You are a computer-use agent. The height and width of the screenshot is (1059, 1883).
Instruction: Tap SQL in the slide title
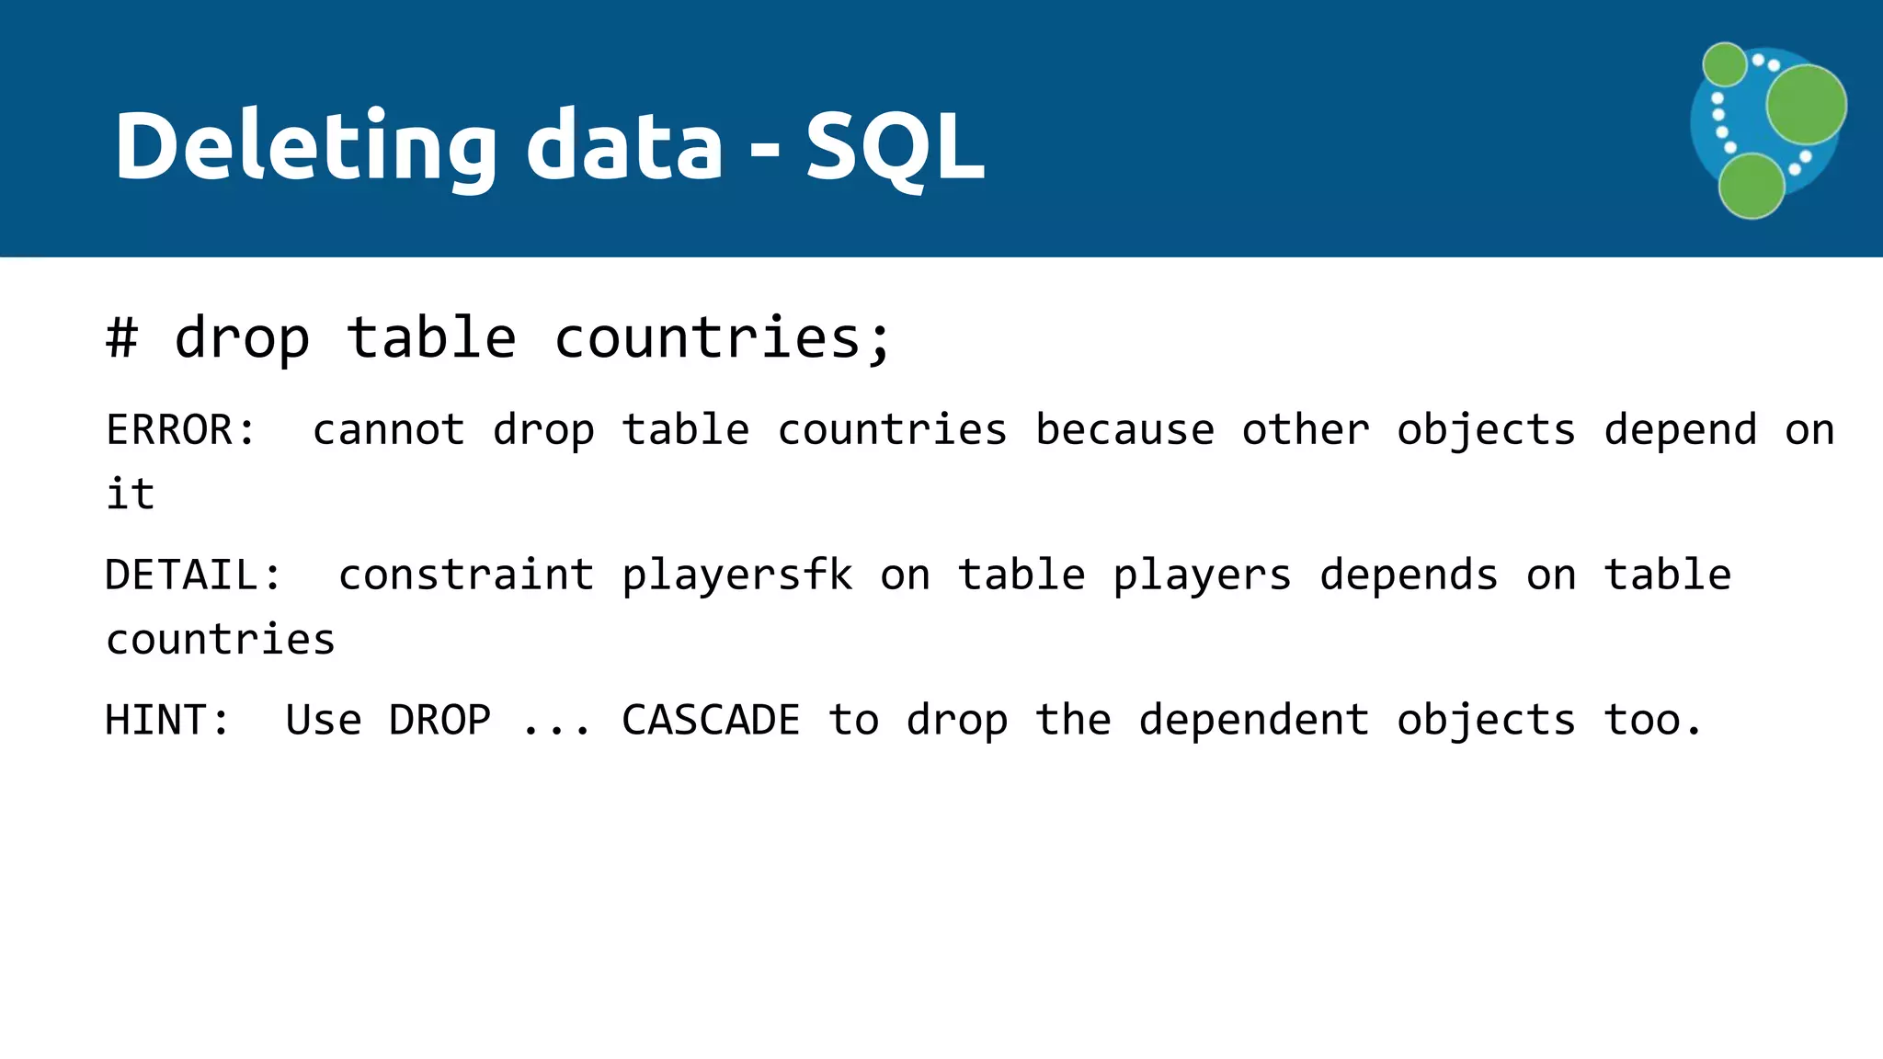pyautogui.click(x=895, y=147)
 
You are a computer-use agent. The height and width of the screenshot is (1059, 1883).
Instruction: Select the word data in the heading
pyautogui.click(x=624, y=147)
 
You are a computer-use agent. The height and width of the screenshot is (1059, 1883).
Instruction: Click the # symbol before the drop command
pyautogui.click(x=122, y=338)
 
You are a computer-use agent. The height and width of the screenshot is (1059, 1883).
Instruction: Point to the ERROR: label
pyautogui.click(x=181, y=430)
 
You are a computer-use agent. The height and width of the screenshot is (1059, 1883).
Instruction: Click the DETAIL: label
pyautogui.click(x=194, y=575)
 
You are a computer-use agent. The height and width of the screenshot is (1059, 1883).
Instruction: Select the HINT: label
pyautogui.click(x=167, y=720)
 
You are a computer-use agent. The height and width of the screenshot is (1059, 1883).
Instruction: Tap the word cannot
pyautogui.click(x=388, y=430)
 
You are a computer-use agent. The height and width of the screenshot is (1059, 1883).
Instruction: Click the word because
pyautogui.click(x=1124, y=430)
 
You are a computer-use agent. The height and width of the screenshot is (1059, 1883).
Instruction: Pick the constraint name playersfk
pyautogui.click(x=737, y=575)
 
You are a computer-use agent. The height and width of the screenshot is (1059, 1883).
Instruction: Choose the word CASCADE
pyautogui.click(x=711, y=720)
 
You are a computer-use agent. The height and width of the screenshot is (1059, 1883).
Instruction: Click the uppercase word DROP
pyautogui.click(x=439, y=720)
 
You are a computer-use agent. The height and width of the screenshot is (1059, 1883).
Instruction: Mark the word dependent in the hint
pyautogui.click(x=1254, y=720)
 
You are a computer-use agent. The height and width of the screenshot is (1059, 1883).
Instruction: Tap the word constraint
pyautogui.click(x=466, y=575)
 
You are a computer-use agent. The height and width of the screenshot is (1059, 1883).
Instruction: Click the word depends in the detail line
pyautogui.click(x=1409, y=575)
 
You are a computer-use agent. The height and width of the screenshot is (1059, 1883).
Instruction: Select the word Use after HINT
pyautogui.click(x=324, y=720)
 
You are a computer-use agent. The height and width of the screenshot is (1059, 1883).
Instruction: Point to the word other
pyautogui.click(x=1306, y=430)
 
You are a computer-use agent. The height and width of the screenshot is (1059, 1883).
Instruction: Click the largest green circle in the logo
pyautogui.click(x=1806, y=105)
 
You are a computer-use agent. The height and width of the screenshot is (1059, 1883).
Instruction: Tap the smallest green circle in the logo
pyautogui.click(x=1725, y=64)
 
